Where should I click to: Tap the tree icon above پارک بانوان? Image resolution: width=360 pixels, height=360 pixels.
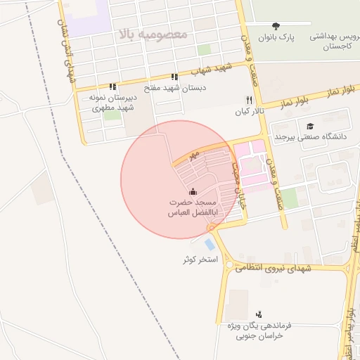click(275, 25)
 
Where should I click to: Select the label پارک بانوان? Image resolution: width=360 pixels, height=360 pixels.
click(275, 37)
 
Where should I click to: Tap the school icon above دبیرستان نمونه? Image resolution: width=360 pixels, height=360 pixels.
click(112, 88)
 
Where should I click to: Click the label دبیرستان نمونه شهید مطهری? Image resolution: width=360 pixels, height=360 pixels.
click(111, 104)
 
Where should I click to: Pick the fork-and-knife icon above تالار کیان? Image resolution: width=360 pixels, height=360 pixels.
click(248, 101)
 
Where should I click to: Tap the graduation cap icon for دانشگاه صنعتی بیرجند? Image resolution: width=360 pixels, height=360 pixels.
click(310, 126)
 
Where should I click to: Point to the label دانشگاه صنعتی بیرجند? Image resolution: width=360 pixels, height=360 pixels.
click(313, 136)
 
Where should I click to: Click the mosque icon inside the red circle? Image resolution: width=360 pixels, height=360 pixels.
click(193, 191)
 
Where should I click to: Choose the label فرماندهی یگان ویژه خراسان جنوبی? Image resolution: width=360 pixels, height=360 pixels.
click(259, 331)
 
